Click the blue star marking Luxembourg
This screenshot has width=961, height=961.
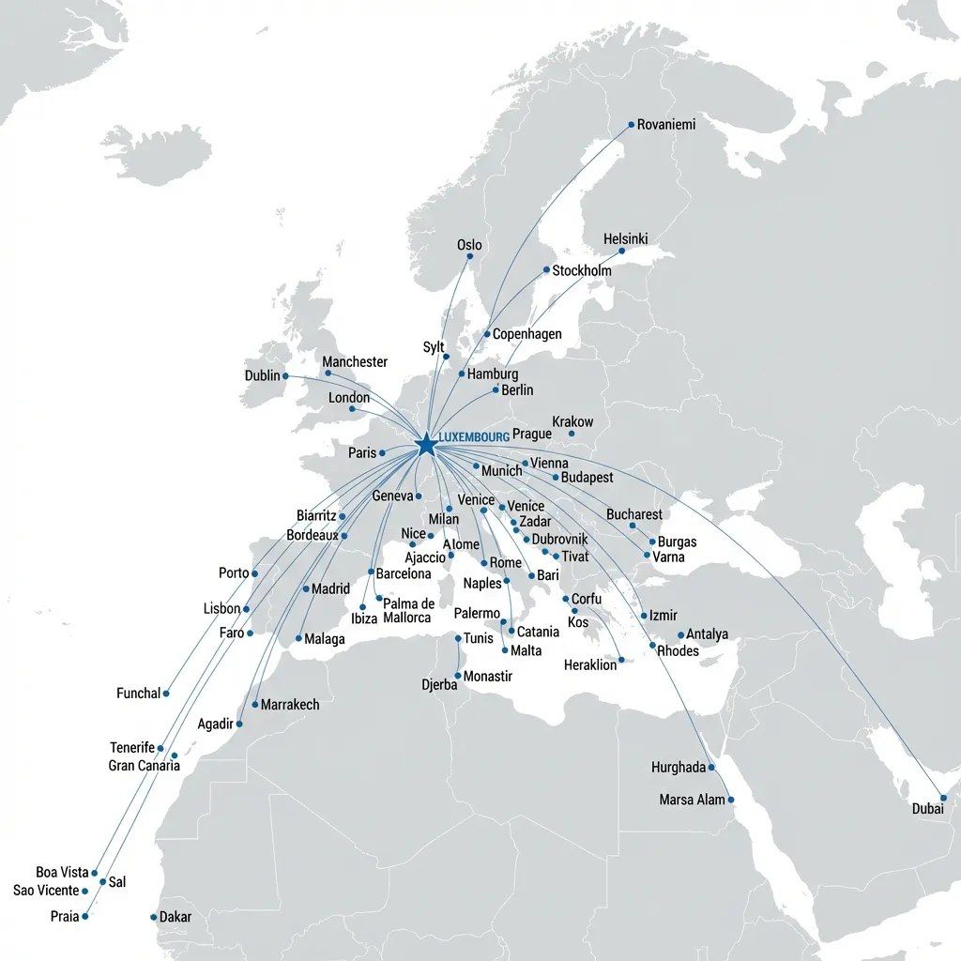[x=425, y=444]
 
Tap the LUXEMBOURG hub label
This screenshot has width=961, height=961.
[x=474, y=437]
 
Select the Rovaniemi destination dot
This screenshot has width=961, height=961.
[x=631, y=124]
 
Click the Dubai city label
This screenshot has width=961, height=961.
[x=928, y=809]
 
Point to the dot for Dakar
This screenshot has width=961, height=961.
[x=154, y=917]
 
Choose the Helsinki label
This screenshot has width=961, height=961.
[x=625, y=239]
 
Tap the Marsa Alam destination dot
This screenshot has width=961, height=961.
[x=731, y=800]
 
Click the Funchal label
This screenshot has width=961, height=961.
[x=138, y=694]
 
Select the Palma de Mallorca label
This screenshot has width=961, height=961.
[x=408, y=611]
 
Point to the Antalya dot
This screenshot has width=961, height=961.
[x=681, y=635]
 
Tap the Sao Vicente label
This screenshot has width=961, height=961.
[x=46, y=891]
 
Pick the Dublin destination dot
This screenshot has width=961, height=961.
[x=285, y=376]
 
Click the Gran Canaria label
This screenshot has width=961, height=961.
[x=144, y=766]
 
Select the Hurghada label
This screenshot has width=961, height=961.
[x=678, y=768]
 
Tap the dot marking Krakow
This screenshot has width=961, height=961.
[x=571, y=434]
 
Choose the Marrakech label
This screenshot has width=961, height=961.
[x=289, y=705]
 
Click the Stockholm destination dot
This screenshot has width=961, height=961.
[x=546, y=270]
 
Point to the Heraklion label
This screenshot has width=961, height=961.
[x=590, y=665]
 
